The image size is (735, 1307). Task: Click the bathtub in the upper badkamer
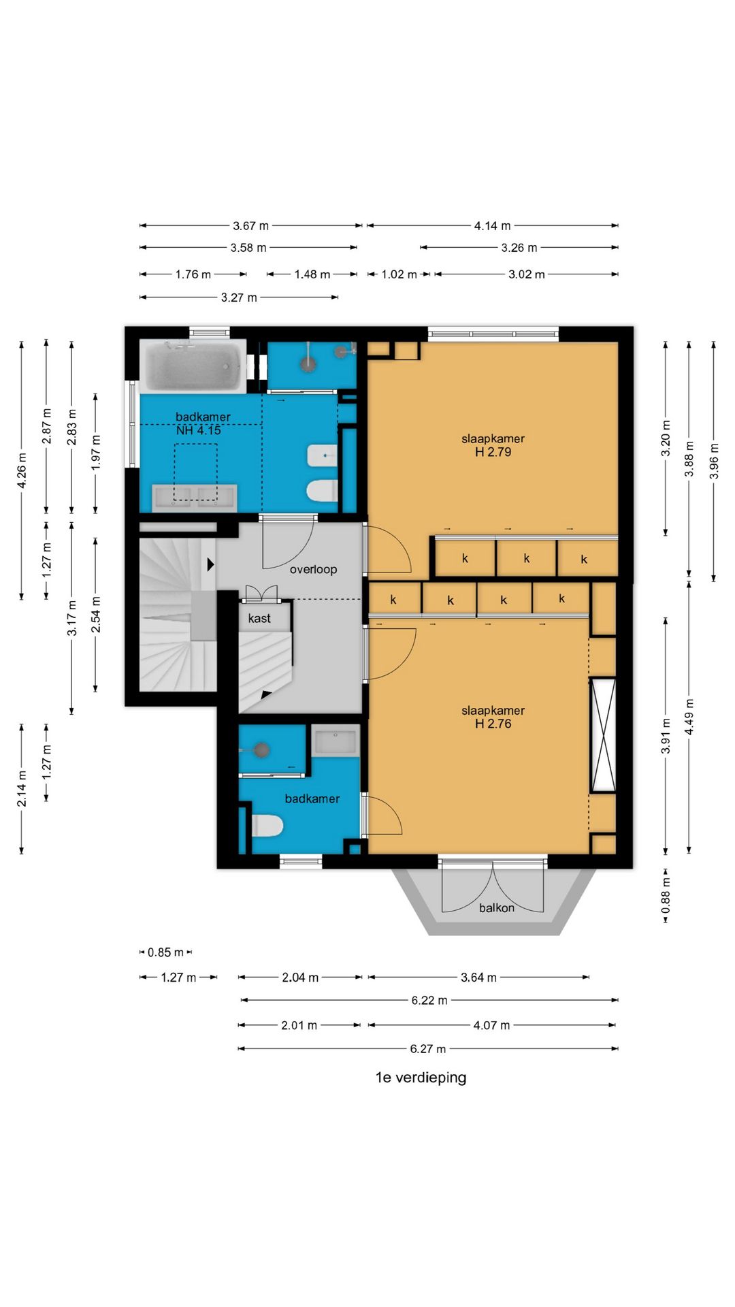coord(193,366)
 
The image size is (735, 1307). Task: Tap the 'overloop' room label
coord(313,569)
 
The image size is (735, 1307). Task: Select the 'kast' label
coord(259,618)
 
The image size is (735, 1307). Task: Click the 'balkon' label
coord(497,907)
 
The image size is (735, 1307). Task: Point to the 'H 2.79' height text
coord(493,452)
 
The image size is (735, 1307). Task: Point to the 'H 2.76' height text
coord(493,724)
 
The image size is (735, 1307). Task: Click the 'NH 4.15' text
coord(199,430)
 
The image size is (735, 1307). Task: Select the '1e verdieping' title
coord(421,1078)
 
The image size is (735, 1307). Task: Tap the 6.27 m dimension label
coord(428,1049)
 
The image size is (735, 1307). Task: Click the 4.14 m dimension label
coord(493,226)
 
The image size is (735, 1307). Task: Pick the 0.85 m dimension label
coord(166,952)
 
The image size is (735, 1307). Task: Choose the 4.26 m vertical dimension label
coord(22,471)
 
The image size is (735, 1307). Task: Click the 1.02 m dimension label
coord(399,274)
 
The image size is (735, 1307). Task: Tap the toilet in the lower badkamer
coord(267,826)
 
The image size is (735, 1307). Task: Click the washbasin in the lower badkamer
coord(336,741)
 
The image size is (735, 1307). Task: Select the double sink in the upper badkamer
coord(195,497)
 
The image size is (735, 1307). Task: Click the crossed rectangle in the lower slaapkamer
coord(603,735)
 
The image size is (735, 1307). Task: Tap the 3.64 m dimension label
coord(478,978)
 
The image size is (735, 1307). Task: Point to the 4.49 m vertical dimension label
coord(689,716)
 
